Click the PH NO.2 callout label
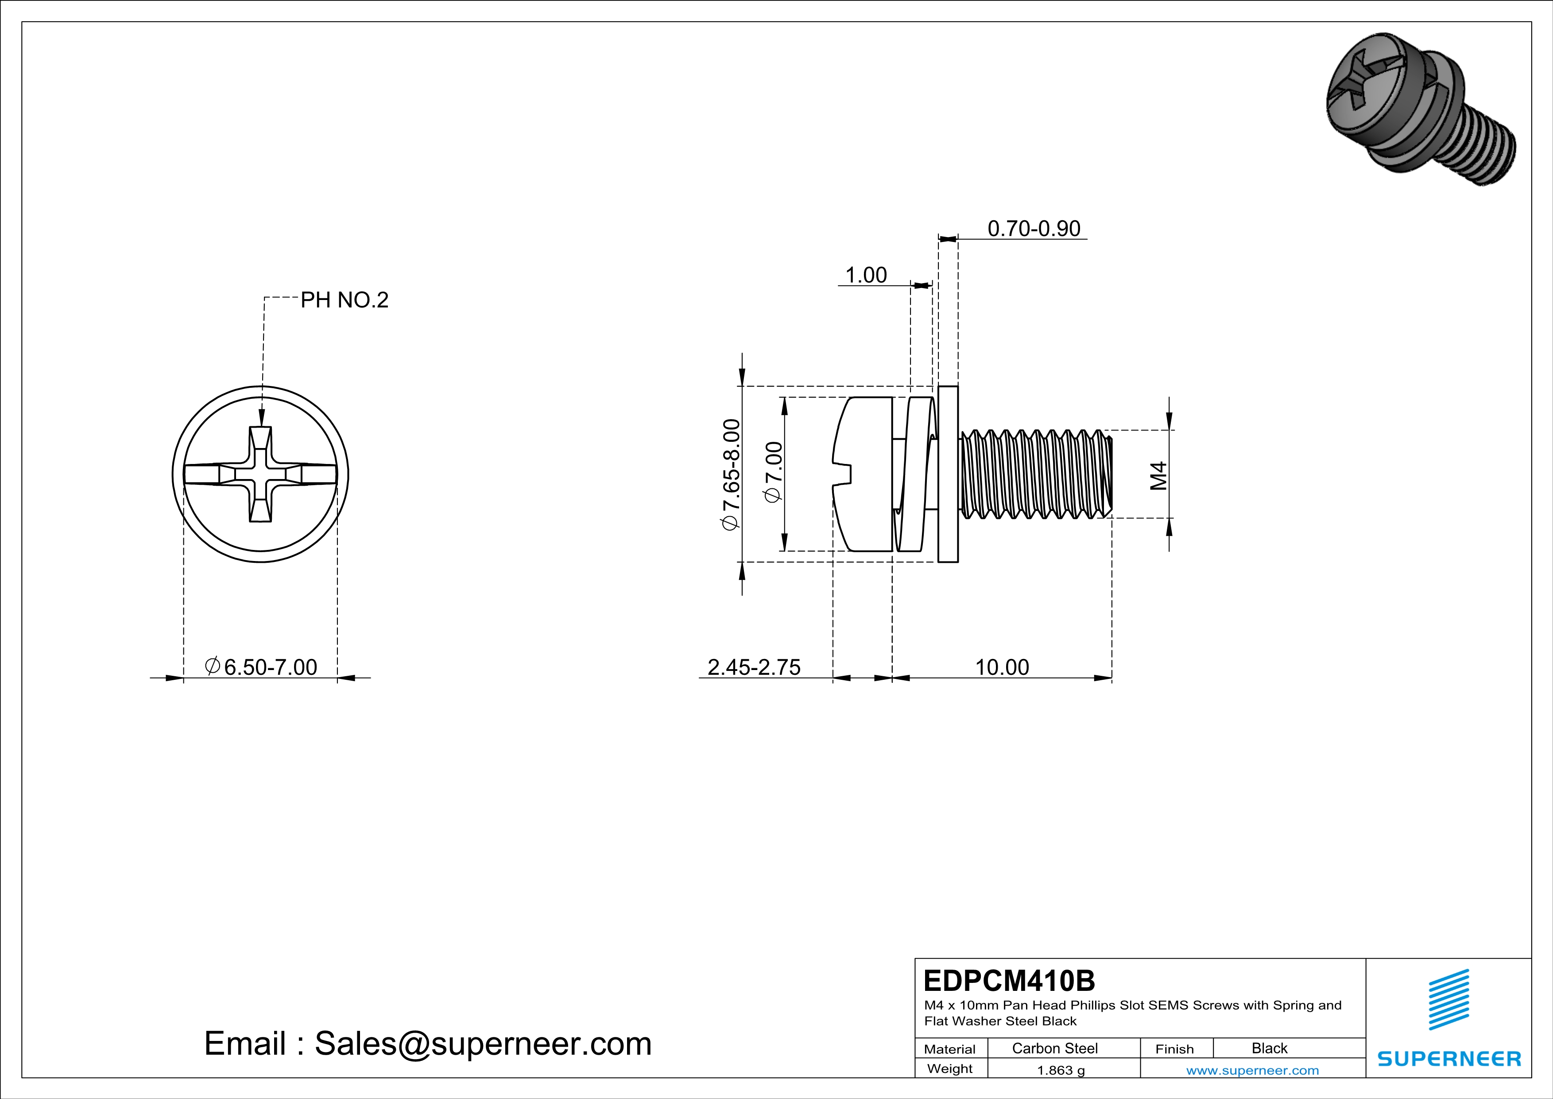[x=344, y=300]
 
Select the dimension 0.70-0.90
[x=1034, y=229]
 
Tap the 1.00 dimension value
[x=866, y=276]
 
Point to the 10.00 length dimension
[x=1002, y=667]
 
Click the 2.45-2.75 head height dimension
[x=754, y=667]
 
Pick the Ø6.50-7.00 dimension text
[x=261, y=667]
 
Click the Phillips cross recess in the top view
[x=260, y=474]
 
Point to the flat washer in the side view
[x=948, y=474]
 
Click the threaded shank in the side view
[x=1035, y=474]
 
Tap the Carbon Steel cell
[x=1054, y=1048]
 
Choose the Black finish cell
[x=1269, y=1048]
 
